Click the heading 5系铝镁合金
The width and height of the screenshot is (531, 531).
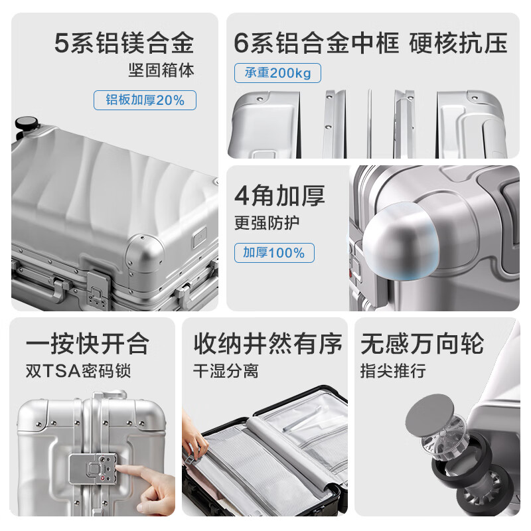(124, 43)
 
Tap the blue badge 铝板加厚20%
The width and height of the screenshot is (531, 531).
(145, 100)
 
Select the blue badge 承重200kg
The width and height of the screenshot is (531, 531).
(277, 73)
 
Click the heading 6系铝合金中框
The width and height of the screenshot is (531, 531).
(317, 43)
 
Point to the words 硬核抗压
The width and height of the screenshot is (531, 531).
(459, 43)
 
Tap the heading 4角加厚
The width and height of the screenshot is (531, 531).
(279, 196)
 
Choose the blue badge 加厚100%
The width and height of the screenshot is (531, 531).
(273, 253)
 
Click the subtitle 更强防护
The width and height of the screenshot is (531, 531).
(267, 222)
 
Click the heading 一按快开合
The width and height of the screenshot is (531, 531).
(88, 344)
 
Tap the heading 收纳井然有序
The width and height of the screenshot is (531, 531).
(267, 344)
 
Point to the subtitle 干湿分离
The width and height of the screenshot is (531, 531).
(226, 370)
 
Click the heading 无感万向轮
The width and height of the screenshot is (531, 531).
(422, 344)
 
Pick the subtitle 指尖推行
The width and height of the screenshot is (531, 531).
(393, 370)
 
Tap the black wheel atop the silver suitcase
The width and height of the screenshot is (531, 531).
(26, 124)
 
